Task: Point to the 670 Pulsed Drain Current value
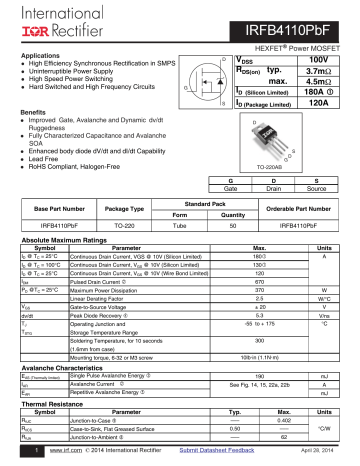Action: (x=259, y=283)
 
